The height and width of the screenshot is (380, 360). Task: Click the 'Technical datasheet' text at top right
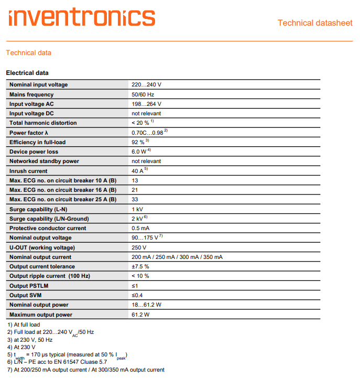(315, 23)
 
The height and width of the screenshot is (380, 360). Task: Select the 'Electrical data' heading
(27, 73)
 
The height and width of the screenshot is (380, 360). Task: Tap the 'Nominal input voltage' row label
(39, 85)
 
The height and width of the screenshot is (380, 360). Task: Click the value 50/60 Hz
(143, 94)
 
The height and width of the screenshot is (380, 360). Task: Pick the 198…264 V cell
(146, 104)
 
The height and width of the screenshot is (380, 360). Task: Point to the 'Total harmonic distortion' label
(43, 123)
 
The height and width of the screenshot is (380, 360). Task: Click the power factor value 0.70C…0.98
(148, 133)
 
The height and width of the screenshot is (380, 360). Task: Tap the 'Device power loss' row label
(34, 152)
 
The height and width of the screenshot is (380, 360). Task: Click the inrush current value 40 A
(138, 171)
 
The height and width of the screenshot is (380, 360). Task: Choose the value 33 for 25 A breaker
(135, 200)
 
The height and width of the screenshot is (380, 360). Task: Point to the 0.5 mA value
(140, 229)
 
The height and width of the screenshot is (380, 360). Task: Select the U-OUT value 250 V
(139, 247)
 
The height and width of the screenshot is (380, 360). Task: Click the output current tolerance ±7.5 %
(140, 266)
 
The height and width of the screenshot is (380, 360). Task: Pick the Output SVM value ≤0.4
(137, 295)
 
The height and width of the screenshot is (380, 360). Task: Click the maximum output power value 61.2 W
(140, 314)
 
